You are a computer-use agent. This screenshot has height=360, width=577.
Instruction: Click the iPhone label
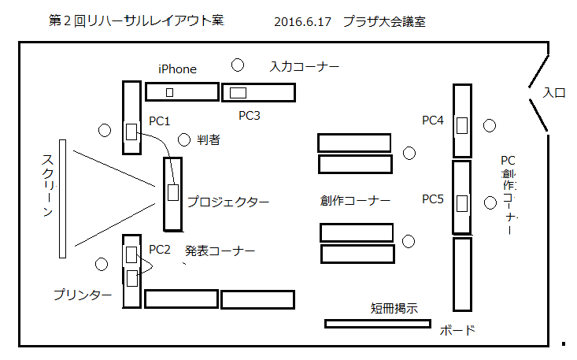177,69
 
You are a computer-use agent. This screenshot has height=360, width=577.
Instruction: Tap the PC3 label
249,116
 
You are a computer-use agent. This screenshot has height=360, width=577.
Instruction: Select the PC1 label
159,121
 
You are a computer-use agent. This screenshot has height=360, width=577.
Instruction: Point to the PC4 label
433,121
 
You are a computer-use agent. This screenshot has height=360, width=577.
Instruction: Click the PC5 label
433,199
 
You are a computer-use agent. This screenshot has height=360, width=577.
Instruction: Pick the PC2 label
160,250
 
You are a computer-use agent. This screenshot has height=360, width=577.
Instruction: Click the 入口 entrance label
554,92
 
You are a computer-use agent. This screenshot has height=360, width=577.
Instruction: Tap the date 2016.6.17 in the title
302,22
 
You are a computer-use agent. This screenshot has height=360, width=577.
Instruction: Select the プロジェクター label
228,202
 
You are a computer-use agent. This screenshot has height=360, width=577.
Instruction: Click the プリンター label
83,295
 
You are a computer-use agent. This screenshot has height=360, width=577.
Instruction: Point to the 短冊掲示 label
394,308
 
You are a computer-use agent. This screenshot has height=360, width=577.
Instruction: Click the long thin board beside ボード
378,324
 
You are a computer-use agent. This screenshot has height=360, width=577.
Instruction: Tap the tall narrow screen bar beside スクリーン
62,199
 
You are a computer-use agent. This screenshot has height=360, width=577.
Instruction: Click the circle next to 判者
184,139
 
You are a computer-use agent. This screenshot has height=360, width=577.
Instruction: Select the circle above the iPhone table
238,65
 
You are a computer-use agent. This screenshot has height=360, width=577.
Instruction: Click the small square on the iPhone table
170,92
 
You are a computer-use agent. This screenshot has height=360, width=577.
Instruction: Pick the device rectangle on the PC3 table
238,93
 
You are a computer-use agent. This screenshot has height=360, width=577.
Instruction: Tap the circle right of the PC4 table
490,125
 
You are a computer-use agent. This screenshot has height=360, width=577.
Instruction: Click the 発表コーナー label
220,251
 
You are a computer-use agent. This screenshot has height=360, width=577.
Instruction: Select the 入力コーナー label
305,67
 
